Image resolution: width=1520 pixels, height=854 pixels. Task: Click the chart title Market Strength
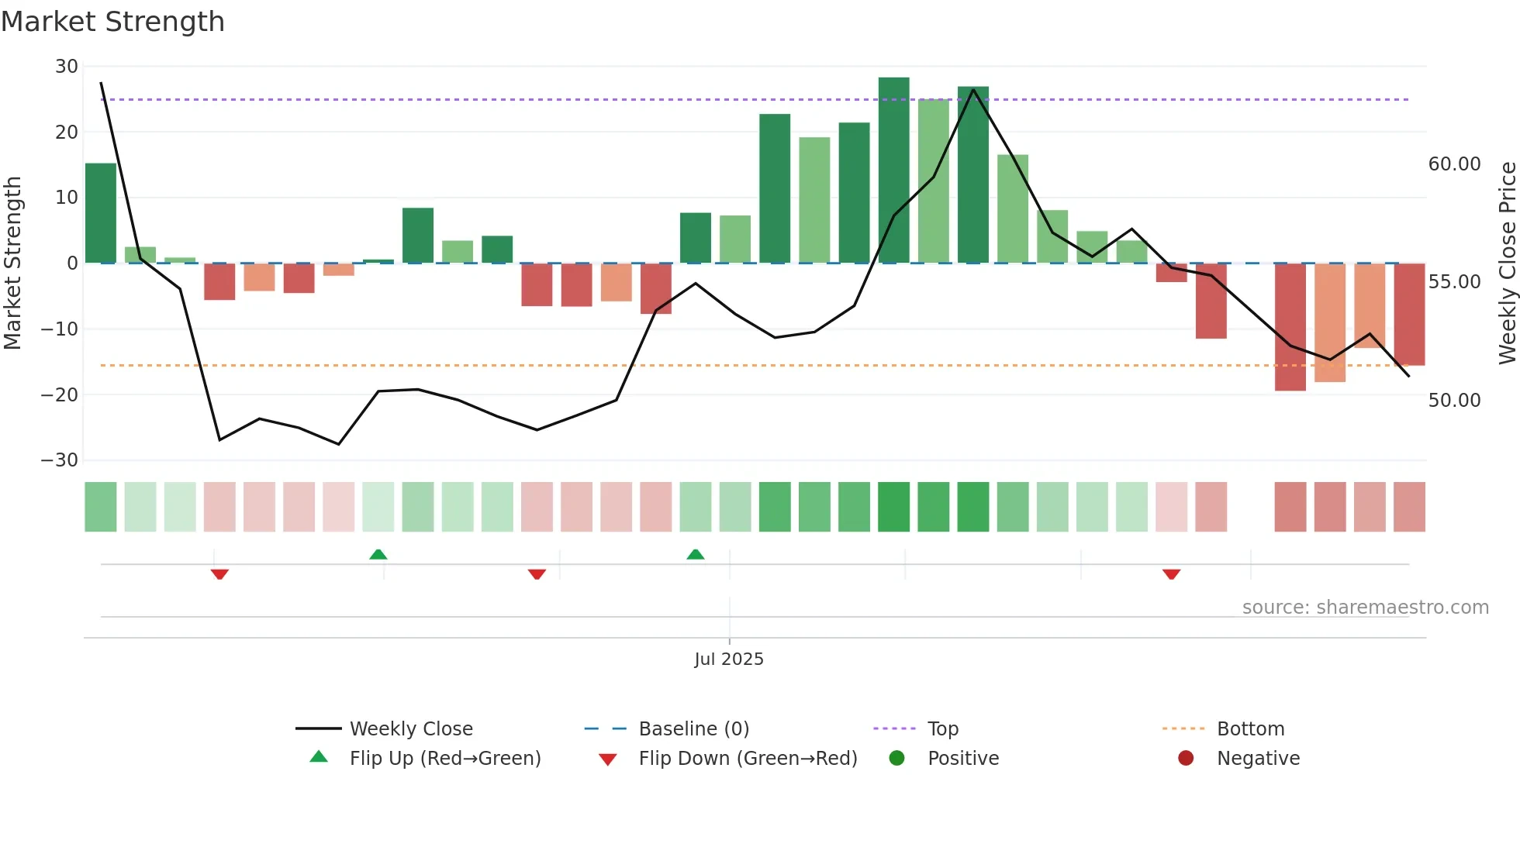[112, 22]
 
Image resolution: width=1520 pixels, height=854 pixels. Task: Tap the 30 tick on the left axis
[67, 67]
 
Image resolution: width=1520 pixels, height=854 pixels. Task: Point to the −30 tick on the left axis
[60, 460]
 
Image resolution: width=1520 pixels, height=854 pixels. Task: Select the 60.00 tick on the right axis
[1454, 164]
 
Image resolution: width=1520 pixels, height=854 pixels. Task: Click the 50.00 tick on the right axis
[1454, 401]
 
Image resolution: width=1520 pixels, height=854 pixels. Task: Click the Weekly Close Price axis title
[1507, 263]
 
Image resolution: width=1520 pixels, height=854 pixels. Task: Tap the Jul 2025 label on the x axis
[729, 659]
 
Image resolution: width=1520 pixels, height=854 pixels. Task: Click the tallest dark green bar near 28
[893, 170]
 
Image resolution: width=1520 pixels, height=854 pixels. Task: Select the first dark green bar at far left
[101, 213]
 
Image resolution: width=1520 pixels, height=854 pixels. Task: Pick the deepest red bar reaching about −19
[1290, 327]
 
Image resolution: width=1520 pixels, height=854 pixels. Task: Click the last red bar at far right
[1408, 314]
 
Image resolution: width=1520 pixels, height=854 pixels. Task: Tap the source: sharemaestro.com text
[1365, 608]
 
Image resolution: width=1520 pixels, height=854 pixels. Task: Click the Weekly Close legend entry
[410, 729]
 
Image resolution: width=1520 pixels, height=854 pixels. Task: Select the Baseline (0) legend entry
[693, 729]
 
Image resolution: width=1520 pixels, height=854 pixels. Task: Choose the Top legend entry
[942, 729]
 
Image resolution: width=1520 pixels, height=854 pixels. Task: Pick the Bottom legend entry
[1250, 729]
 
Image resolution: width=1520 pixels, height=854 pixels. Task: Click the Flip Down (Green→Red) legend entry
[747, 759]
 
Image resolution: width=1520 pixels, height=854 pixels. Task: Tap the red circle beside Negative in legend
[1185, 759]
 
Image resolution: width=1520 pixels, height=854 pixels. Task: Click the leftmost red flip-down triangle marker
[219, 574]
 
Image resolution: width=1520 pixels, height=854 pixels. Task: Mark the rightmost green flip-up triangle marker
[696, 554]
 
